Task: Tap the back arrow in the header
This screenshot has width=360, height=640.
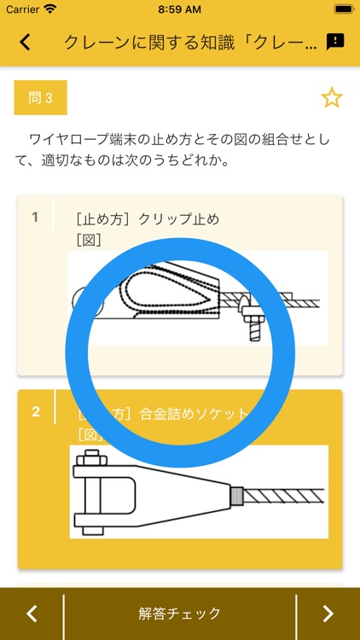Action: tap(25, 42)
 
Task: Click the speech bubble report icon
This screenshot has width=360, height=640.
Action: tap(335, 42)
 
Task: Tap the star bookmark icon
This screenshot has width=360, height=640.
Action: tap(331, 98)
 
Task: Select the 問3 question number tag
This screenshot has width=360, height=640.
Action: tap(41, 98)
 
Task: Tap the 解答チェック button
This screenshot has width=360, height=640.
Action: tap(180, 613)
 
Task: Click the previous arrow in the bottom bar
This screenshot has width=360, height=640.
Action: tap(32, 613)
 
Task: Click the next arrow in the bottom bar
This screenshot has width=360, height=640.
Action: tap(328, 613)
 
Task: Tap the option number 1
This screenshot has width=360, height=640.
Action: tap(35, 217)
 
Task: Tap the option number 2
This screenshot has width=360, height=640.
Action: tap(36, 412)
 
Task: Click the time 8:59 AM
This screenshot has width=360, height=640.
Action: tap(179, 9)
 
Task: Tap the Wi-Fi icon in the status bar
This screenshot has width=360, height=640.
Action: tap(50, 9)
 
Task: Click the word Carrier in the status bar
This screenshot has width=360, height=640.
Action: tap(22, 9)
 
